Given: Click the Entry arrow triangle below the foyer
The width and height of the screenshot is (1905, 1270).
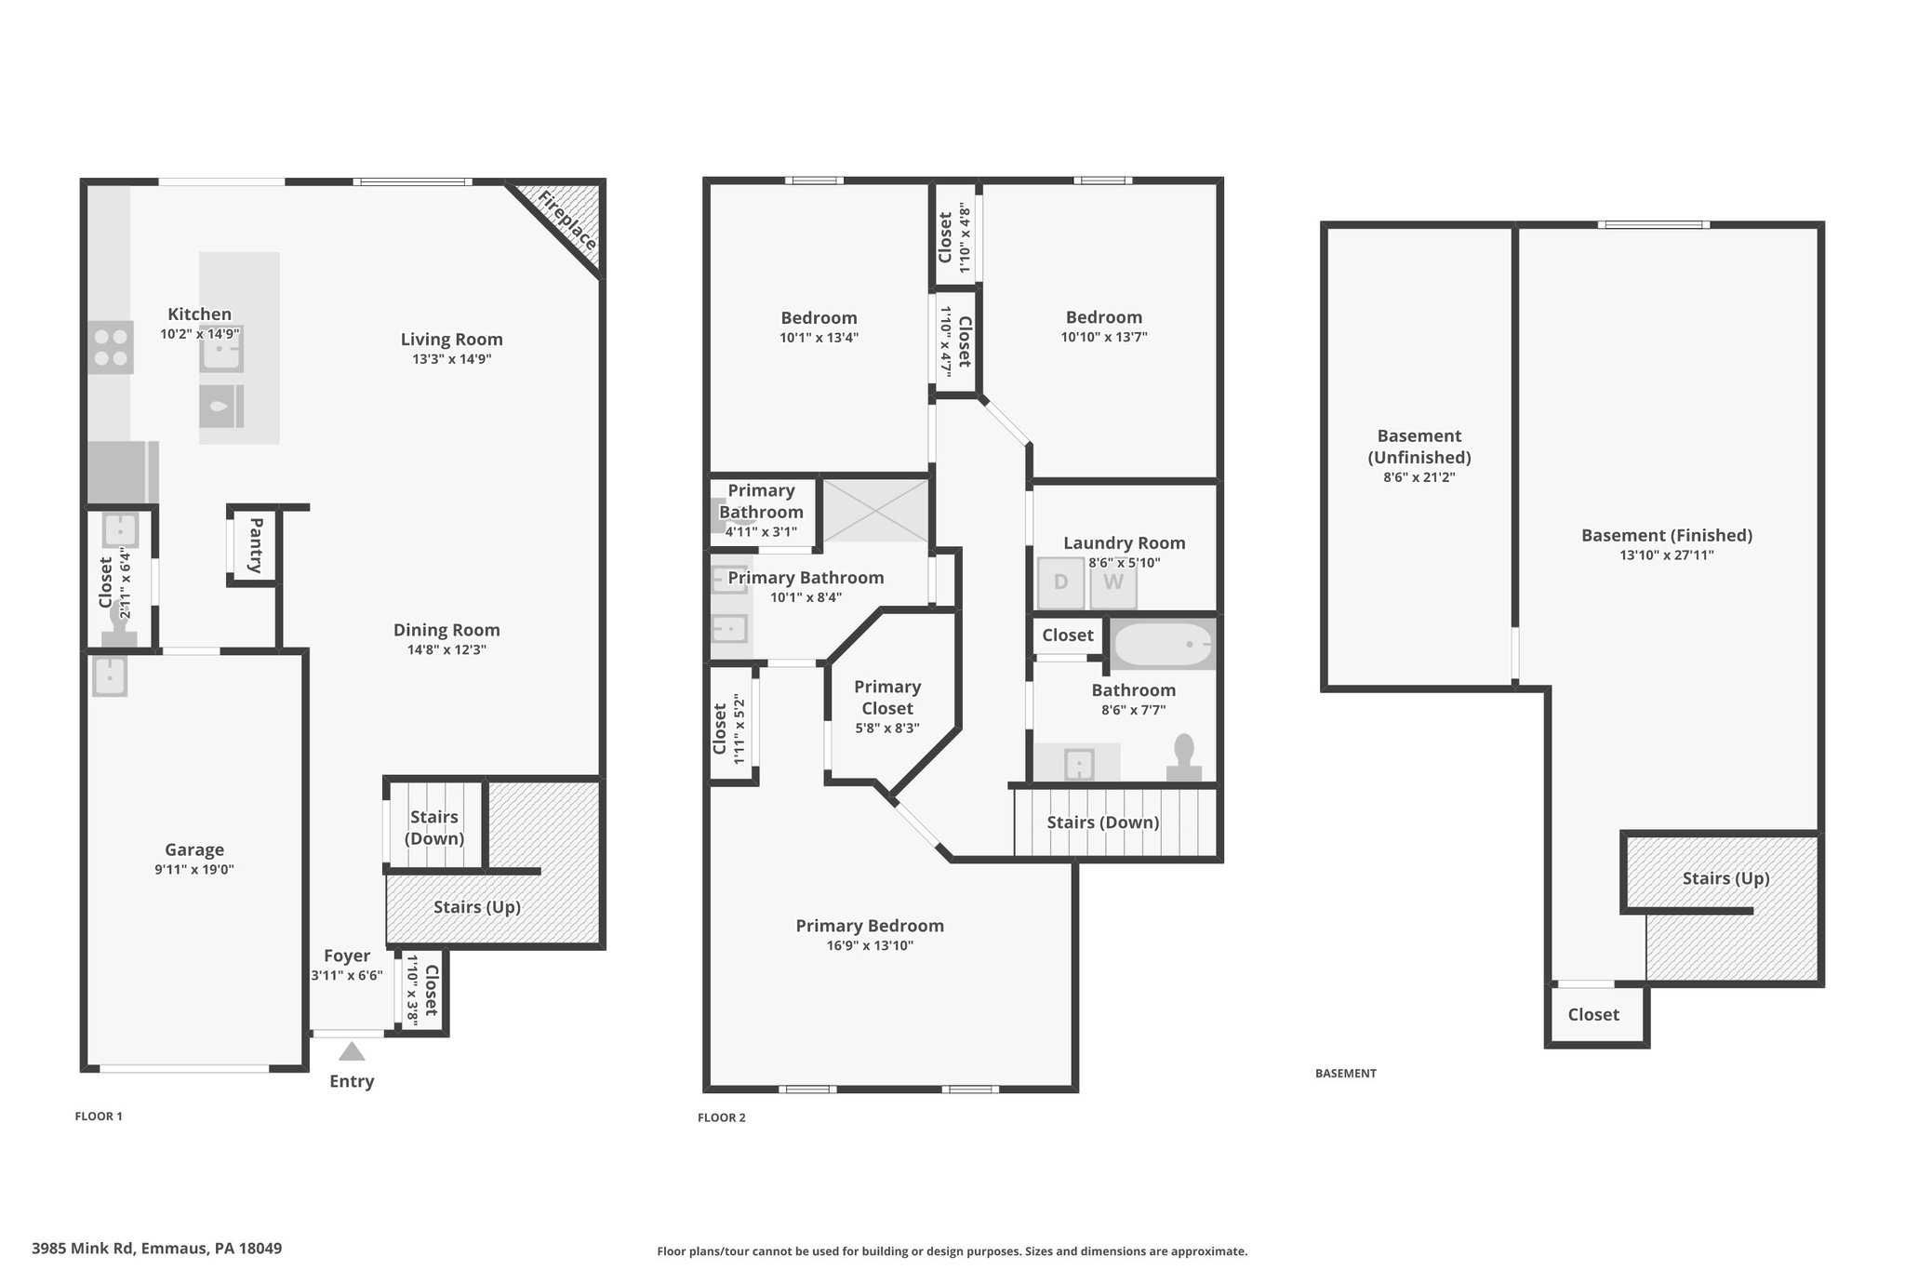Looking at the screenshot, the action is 352,1051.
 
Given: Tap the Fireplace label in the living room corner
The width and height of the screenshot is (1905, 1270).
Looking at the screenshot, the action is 567,221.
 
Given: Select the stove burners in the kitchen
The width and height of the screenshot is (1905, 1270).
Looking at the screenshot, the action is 111,347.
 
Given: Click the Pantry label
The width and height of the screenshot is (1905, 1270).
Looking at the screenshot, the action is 255,546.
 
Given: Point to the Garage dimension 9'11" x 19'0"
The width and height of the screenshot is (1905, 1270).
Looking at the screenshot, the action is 194,870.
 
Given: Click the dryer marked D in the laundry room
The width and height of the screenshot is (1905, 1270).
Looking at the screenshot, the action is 1060,582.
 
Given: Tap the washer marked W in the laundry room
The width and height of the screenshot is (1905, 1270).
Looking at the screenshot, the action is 1113,582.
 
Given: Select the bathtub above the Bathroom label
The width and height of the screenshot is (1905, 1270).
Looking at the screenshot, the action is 1164,644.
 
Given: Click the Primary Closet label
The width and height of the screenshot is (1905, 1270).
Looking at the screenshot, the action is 887,698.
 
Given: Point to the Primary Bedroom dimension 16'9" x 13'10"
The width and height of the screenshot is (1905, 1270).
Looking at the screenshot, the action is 870,946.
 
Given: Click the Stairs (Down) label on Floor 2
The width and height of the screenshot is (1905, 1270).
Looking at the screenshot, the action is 1103,822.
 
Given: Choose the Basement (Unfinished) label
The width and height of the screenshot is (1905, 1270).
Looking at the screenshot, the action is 1419,447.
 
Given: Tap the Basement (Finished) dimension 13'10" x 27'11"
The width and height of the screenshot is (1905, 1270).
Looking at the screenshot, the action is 1667,555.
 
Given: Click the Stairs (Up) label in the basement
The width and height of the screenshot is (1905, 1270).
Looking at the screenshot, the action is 1726,878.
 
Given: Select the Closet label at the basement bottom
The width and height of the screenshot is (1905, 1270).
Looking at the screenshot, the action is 1593,1015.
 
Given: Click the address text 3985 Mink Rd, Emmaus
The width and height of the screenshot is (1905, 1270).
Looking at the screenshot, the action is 156,1249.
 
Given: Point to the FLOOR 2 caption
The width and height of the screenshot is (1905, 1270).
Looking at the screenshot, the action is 722,1117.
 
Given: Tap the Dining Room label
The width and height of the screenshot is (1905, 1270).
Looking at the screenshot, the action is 446,630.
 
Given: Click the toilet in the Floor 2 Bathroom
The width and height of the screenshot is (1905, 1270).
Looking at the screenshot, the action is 1184,757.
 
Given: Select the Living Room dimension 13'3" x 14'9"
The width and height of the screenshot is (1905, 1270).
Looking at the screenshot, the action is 452,359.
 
